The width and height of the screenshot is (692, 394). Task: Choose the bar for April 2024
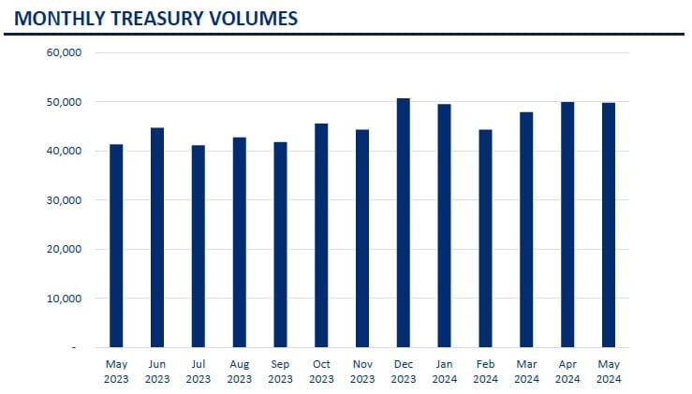pyautogui.click(x=567, y=225)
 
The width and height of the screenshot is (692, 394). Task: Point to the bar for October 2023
pyautogui.click(x=321, y=235)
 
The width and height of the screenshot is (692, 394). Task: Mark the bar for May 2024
pyautogui.click(x=609, y=225)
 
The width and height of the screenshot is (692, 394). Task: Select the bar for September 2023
pyautogui.click(x=280, y=244)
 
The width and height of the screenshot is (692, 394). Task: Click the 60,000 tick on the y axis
pyautogui.click(x=65, y=52)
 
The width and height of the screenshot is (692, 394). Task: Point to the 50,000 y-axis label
pyautogui.click(x=65, y=102)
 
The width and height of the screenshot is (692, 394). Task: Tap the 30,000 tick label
pyautogui.click(x=65, y=200)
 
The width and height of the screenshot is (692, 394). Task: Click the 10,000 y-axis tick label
pyautogui.click(x=65, y=299)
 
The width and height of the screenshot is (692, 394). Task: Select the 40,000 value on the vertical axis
pyautogui.click(x=65, y=151)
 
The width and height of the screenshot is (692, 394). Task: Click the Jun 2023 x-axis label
pyautogui.click(x=157, y=372)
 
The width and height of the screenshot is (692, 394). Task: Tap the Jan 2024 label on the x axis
pyautogui.click(x=445, y=372)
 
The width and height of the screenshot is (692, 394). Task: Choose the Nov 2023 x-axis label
pyautogui.click(x=362, y=372)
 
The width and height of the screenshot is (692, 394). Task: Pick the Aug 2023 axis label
pyautogui.click(x=239, y=372)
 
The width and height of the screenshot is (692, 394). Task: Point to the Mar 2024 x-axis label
pyautogui.click(x=526, y=372)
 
